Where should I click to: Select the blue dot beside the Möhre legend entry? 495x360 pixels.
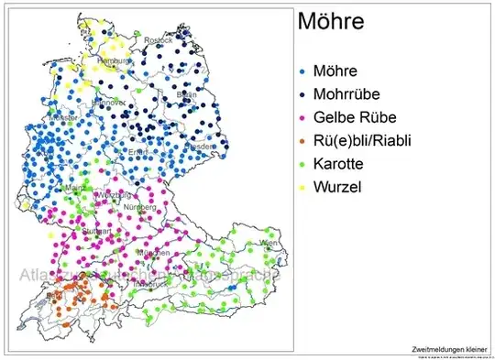(303, 71)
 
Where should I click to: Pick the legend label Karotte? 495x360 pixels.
(341, 165)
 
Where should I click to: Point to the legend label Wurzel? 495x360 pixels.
(339, 189)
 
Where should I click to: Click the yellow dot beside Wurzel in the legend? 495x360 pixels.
(303, 190)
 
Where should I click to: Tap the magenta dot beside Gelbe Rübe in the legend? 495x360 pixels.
(303, 118)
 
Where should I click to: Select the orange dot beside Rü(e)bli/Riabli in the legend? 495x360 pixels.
(303, 142)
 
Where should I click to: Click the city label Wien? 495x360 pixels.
(267, 242)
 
